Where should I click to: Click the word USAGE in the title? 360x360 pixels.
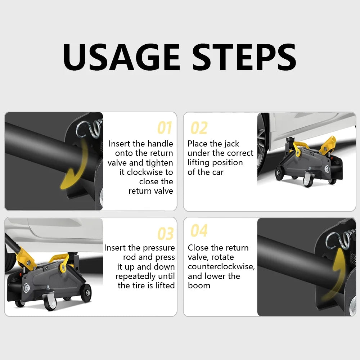[121, 57]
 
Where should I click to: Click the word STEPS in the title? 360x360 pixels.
[244, 57]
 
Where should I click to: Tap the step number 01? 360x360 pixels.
[165, 128]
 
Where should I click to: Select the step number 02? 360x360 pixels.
[199, 128]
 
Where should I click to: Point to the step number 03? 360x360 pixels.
[165, 234]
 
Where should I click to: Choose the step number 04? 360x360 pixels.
[199, 230]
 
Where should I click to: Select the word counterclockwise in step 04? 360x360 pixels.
[221, 266]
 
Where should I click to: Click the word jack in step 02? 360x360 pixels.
[231, 144]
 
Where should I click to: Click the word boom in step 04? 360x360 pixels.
[199, 285]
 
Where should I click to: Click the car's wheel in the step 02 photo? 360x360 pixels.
[262, 147]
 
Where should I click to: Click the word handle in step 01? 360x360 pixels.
[160, 144]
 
